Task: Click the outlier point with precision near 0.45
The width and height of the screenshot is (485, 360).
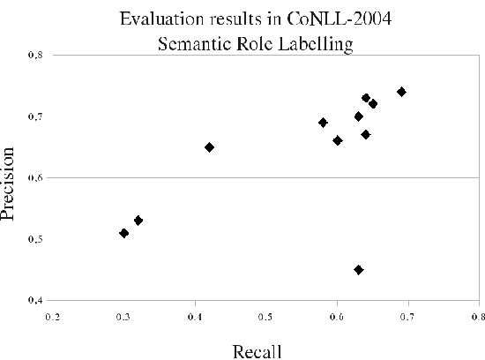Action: [358, 269]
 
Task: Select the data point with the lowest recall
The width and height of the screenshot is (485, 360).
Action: [124, 233]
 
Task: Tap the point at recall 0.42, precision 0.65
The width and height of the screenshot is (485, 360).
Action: [209, 147]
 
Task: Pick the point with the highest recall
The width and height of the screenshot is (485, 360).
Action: [401, 92]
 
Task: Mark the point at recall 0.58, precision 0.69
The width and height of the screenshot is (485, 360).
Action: [323, 123]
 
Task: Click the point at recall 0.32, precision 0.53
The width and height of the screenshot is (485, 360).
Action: [138, 220]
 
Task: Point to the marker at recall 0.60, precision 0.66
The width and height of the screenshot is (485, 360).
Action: [337, 140]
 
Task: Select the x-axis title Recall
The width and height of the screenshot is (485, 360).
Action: [257, 352]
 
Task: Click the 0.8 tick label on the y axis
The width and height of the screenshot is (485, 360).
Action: [34, 56]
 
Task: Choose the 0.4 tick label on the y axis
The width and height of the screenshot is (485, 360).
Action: [34, 300]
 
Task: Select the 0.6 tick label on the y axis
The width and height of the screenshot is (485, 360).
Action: [34, 178]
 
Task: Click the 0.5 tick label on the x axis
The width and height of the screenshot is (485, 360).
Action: [265, 314]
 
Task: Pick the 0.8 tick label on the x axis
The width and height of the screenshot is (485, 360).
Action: [477, 314]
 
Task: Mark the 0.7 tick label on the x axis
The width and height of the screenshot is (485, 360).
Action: [407, 314]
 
